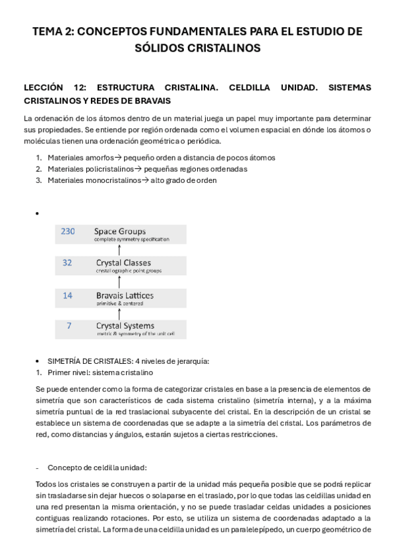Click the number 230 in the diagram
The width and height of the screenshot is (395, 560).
click(x=68, y=232)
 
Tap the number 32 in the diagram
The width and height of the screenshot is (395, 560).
click(x=67, y=263)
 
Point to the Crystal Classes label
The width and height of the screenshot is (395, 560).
click(x=123, y=263)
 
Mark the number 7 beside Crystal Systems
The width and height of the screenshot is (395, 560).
click(x=69, y=326)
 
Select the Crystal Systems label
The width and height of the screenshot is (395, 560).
click(x=125, y=326)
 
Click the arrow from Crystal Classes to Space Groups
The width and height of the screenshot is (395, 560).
click(x=119, y=248)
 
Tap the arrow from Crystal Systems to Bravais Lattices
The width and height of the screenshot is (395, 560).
click(x=119, y=311)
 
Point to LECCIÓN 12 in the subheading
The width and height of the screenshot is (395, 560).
click(x=54, y=87)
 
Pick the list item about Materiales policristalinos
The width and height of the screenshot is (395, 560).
click(x=147, y=169)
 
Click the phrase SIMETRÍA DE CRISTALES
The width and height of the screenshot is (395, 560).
click(x=89, y=361)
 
